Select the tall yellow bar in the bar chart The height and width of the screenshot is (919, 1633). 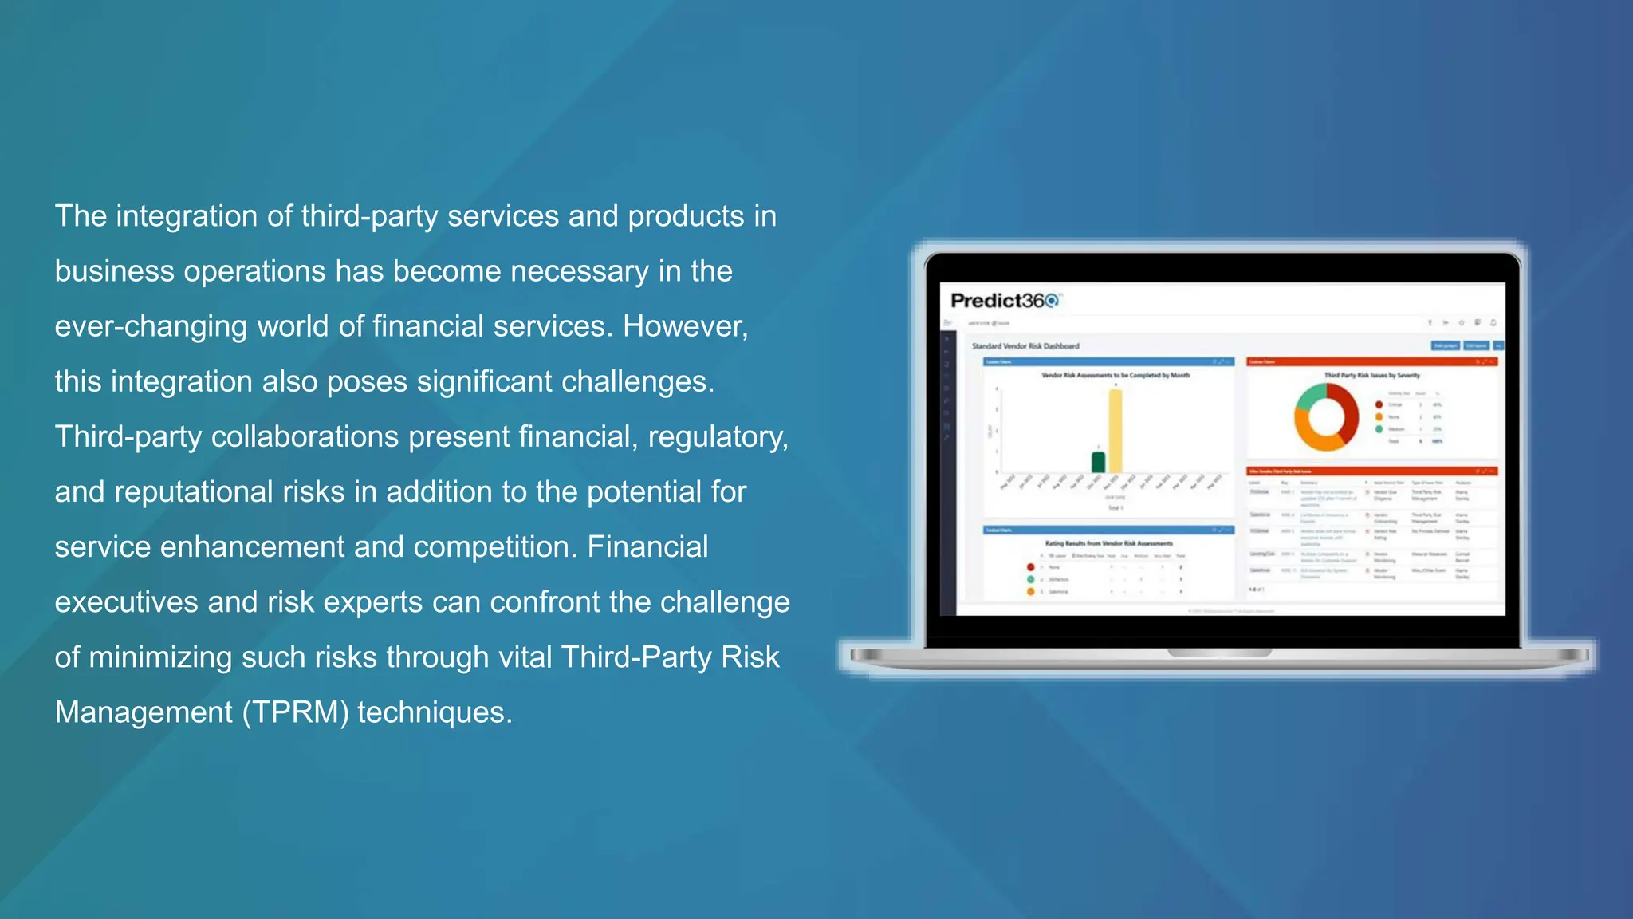[x=1115, y=431]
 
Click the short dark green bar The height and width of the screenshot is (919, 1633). [x=1098, y=462]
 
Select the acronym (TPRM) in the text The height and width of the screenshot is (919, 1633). [x=296, y=712]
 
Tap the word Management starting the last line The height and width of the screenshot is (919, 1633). [x=144, y=712]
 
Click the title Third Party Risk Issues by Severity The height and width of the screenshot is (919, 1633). [x=1372, y=375]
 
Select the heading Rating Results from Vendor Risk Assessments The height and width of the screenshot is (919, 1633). [x=1108, y=543]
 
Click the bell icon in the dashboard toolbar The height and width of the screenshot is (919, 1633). [x=1493, y=323]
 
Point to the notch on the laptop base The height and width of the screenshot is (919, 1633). [x=1219, y=653]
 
